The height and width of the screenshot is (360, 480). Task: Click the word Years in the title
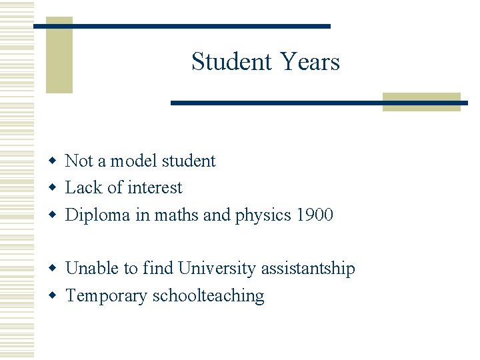click(x=310, y=61)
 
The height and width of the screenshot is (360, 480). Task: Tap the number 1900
click(x=315, y=215)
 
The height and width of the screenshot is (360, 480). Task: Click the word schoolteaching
click(x=209, y=295)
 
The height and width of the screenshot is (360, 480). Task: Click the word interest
click(x=154, y=188)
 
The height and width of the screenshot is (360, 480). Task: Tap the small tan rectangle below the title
click(x=421, y=102)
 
